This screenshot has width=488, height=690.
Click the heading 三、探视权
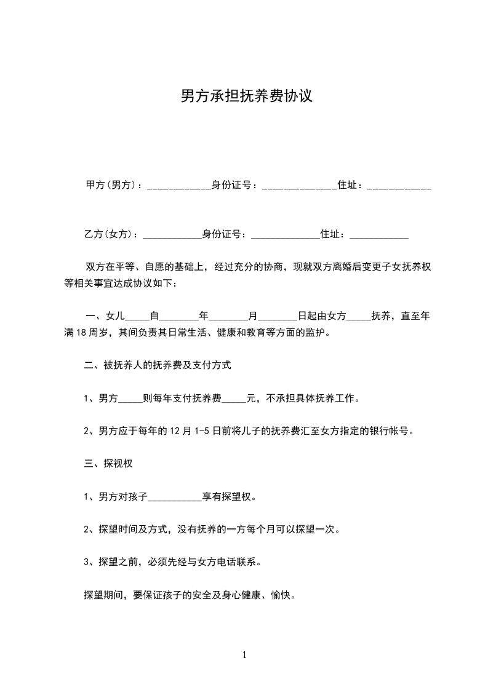[108, 464]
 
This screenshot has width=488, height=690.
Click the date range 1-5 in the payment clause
[194, 431]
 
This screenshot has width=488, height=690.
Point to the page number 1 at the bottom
[244, 655]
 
